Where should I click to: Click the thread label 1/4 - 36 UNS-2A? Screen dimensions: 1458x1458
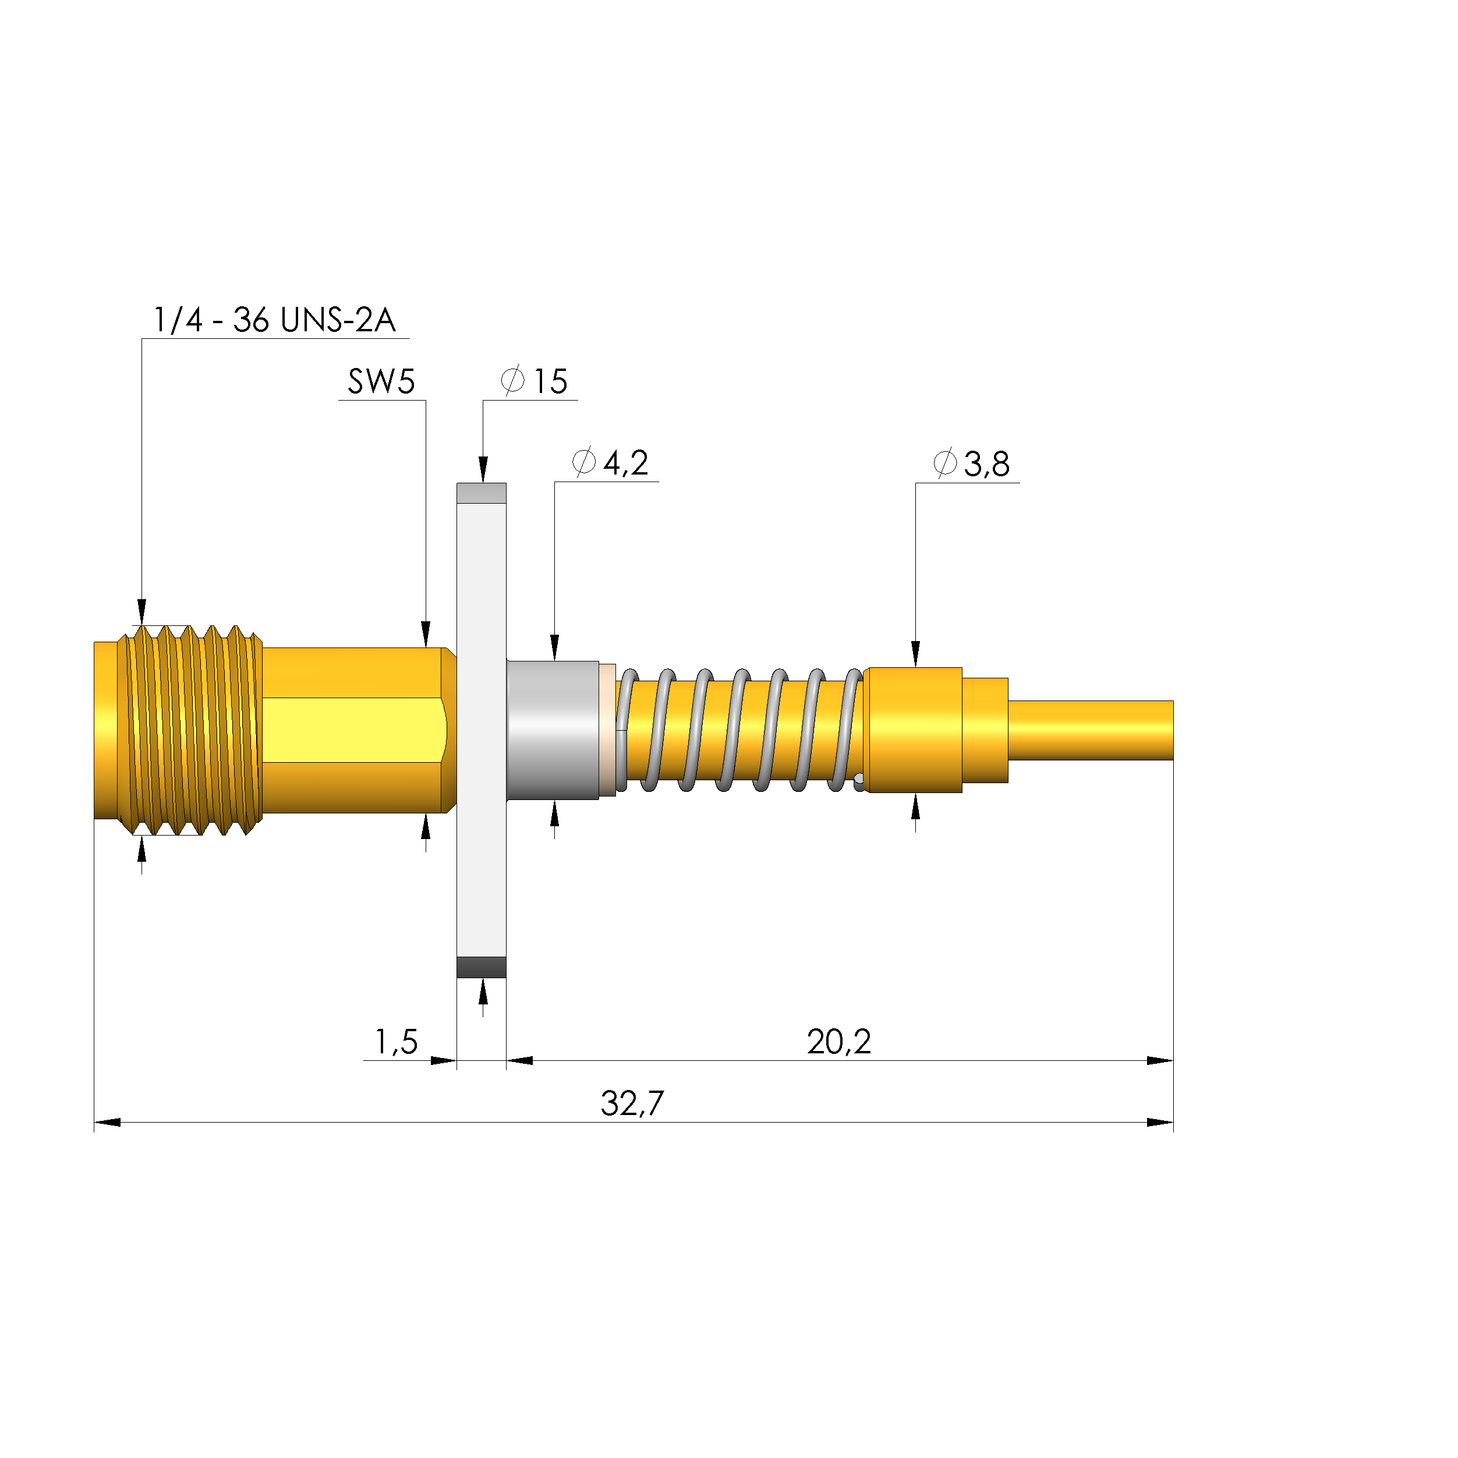[x=274, y=320]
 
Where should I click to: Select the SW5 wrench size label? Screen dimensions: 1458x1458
[x=381, y=382]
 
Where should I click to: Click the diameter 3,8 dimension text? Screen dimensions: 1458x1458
[x=971, y=464]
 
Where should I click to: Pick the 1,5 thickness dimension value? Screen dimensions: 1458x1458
[x=396, y=1042]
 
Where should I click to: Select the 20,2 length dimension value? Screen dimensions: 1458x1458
[x=838, y=1042]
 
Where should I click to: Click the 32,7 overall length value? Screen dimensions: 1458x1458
[x=632, y=1104]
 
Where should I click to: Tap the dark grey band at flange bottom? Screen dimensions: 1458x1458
[x=482, y=967]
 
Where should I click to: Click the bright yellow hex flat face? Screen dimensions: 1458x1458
[x=351, y=730]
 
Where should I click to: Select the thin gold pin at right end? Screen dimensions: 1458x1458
[x=1091, y=730]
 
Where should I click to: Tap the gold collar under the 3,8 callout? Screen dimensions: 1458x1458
[x=913, y=730]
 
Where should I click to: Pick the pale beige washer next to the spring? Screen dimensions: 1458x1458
[x=607, y=730]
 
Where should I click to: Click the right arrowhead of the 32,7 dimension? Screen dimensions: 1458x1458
[x=1160, y=1122]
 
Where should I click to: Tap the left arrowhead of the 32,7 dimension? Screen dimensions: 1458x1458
[x=107, y=1122]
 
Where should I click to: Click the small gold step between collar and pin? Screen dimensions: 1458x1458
[x=985, y=730]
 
